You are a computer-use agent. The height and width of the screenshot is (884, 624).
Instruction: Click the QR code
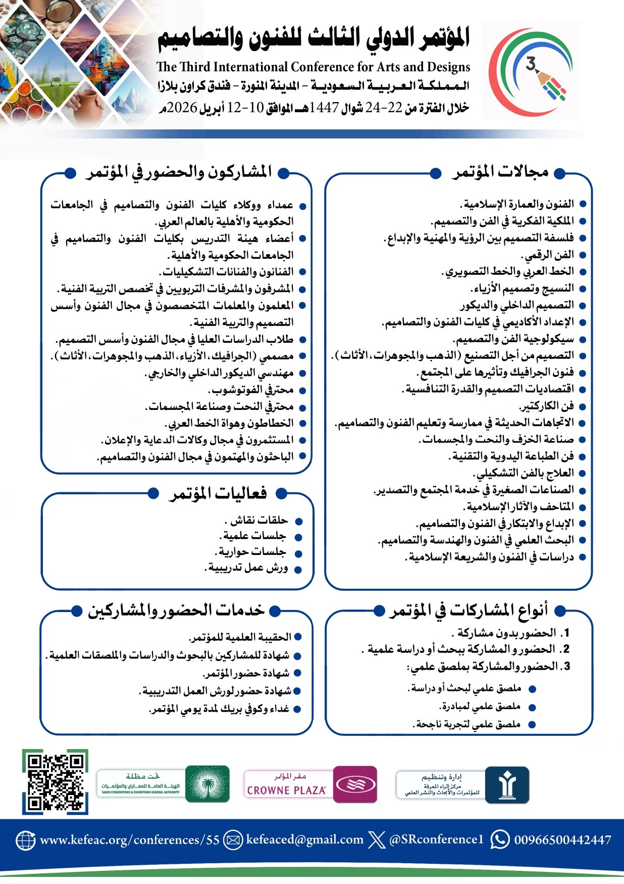click(55, 782)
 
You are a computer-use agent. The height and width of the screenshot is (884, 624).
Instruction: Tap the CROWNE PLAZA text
click(286, 790)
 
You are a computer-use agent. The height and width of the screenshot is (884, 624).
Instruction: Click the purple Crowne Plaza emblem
click(355, 784)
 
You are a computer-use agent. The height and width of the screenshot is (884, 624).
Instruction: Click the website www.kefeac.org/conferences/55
click(130, 840)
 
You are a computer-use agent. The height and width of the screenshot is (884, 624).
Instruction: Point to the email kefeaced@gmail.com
click(304, 840)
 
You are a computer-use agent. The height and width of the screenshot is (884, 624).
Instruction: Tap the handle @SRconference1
click(436, 840)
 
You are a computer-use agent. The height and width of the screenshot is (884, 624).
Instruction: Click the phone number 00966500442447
click(562, 840)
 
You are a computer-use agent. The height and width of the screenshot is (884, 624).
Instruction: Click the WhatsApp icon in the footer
click(500, 840)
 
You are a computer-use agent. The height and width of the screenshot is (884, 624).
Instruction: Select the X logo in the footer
click(377, 840)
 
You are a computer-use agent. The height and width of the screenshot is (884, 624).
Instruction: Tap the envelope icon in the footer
click(233, 840)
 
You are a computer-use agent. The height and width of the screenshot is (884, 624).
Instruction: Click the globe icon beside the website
click(26, 840)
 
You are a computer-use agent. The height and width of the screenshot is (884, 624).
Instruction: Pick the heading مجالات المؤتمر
click(500, 172)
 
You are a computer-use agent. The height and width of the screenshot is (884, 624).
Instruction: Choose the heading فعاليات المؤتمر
click(218, 493)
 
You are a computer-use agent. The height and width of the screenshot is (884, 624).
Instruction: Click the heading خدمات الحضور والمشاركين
click(176, 610)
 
